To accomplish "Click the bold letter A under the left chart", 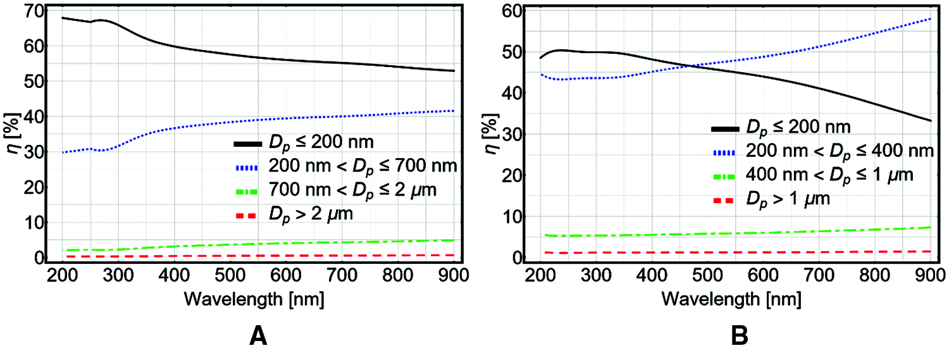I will pyautogui.click(x=257, y=336).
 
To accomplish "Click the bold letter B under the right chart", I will pyautogui.click(x=740, y=336).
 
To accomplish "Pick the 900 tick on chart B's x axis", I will pyautogui.click(x=930, y=275).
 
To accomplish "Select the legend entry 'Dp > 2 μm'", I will pyautogui.click(x=309, y=215).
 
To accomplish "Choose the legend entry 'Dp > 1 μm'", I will pyautogui.click(x=787, y=199).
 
